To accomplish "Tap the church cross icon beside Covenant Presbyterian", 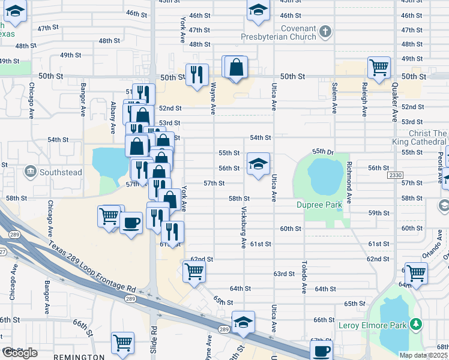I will tap(325, 32).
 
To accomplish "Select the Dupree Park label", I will tap(319, 205).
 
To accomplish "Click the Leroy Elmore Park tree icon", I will tap(415, 325).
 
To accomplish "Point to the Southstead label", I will tap(61, 172).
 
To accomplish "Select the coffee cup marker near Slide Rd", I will tap(131, 223).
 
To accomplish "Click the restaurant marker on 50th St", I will tap(197, 75).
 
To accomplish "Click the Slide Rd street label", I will tap(154, 338).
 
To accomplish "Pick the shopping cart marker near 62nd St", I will tap(194, 271).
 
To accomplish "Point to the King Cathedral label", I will tap(420, 142).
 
